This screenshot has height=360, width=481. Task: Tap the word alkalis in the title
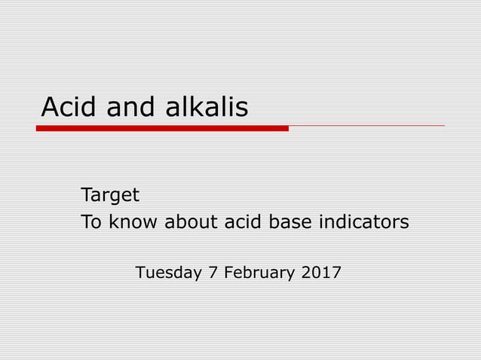coord(203,108)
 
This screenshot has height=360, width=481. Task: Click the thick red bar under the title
coord(162,128)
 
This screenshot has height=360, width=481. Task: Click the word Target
coord(110,196)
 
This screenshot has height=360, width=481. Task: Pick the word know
coord(134,223)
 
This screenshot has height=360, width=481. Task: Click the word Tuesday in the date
coord(168,273)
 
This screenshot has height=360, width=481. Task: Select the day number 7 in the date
coord(215,273)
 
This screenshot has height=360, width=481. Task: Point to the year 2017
coord(321,273)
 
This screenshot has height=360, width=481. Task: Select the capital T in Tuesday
coord(139,273)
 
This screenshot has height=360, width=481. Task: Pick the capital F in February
coord(229,273)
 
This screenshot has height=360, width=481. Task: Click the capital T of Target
coord(86,196)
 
